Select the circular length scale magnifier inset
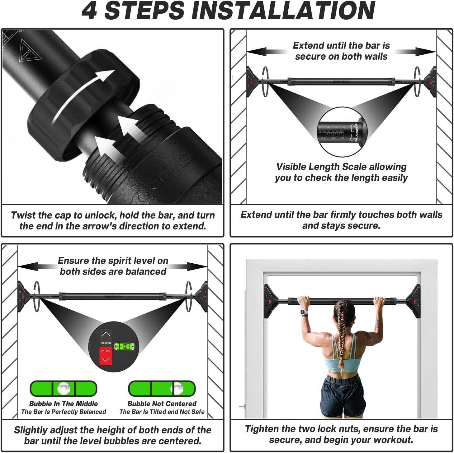[x=342, y=132]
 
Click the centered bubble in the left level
[x=64, y=389]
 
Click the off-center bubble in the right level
[x=177, y=389]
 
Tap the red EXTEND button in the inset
[x=106, y=356]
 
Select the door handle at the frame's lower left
[x=242, y=406]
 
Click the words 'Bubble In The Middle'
[x=64, y=404]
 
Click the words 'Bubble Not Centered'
[x=162, y=404]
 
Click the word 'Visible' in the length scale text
[x=291, y=167]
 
